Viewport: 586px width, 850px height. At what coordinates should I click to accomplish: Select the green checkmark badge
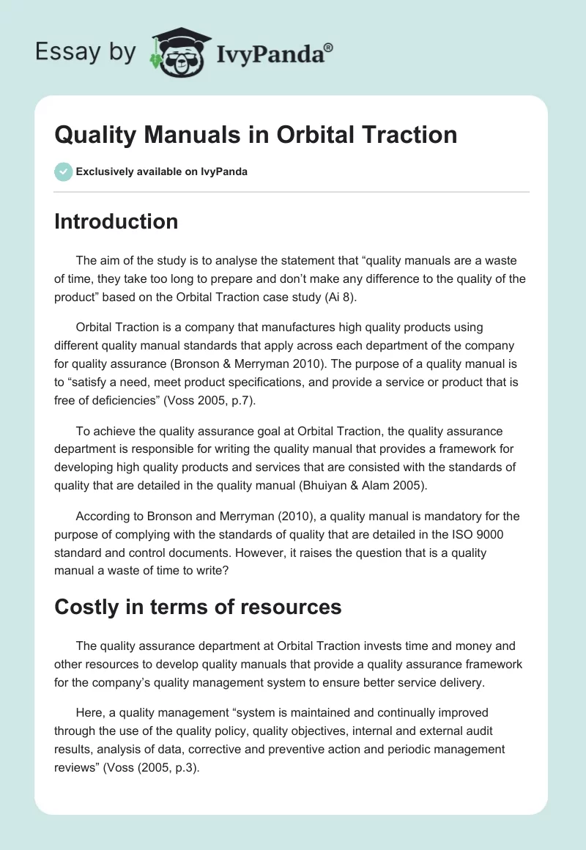click(63, 171)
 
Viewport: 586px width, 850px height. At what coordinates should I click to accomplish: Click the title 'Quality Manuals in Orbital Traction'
click(256, 134)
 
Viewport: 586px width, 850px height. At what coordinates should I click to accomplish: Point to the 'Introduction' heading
click(116, 221)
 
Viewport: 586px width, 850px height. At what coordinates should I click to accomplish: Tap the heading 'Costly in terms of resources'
click(198, 607)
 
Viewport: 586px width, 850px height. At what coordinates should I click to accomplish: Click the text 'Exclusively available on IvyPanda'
click(162, 171)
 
